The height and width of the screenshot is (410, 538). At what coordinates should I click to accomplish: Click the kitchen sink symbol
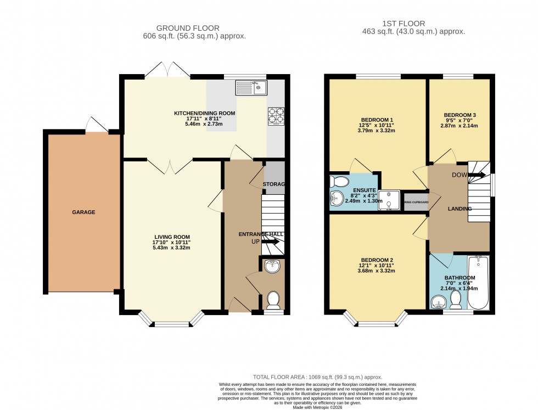point(251,87)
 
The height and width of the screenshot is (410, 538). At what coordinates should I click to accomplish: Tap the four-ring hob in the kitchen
point(276,116)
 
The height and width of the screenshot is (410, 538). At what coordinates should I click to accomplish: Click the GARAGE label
point(83,212)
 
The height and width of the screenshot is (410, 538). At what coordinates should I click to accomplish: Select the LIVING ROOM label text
point(172,237)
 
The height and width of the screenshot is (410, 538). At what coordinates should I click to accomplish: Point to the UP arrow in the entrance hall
point(269,241)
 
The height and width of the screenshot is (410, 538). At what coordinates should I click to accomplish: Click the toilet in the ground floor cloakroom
point(273,300)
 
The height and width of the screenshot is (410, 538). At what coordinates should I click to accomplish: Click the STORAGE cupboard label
point(274,184)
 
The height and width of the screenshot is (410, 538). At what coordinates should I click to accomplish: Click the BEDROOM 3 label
point(459,115)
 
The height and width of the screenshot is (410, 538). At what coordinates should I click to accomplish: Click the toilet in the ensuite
point(340,182)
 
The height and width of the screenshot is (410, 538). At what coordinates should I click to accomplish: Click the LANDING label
point(459,209)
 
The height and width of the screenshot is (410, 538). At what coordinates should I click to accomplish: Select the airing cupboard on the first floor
point(416,202)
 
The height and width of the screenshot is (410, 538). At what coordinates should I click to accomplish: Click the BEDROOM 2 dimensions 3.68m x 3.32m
point(377,271)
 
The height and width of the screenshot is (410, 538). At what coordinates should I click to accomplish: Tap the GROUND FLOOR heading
point(188,28)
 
